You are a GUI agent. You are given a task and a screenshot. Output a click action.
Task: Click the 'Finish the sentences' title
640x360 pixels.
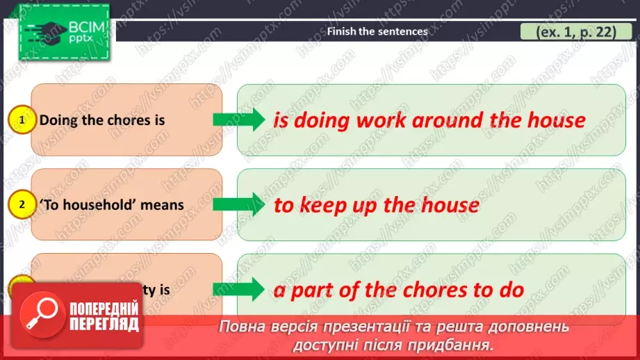377,31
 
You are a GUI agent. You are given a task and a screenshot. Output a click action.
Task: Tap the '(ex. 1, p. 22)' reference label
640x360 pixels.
568,31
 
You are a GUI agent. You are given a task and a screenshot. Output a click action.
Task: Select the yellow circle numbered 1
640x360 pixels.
22,121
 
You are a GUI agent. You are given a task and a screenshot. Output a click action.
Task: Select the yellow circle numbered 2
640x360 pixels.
22,205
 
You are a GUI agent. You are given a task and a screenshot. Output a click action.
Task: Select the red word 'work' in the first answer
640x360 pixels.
381,120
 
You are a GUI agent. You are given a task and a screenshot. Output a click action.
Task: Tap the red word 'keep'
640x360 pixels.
322,205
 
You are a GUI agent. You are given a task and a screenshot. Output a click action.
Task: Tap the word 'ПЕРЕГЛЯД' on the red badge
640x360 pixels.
104,324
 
